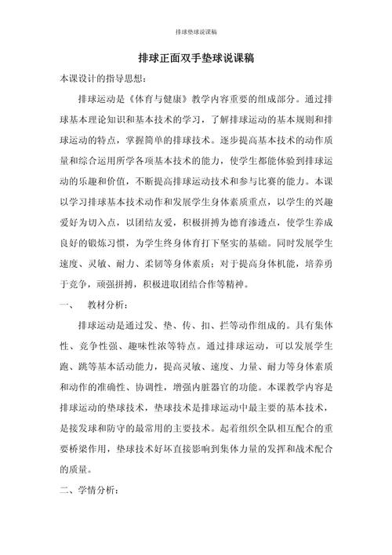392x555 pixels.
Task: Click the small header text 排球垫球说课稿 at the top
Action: [195, 32]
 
